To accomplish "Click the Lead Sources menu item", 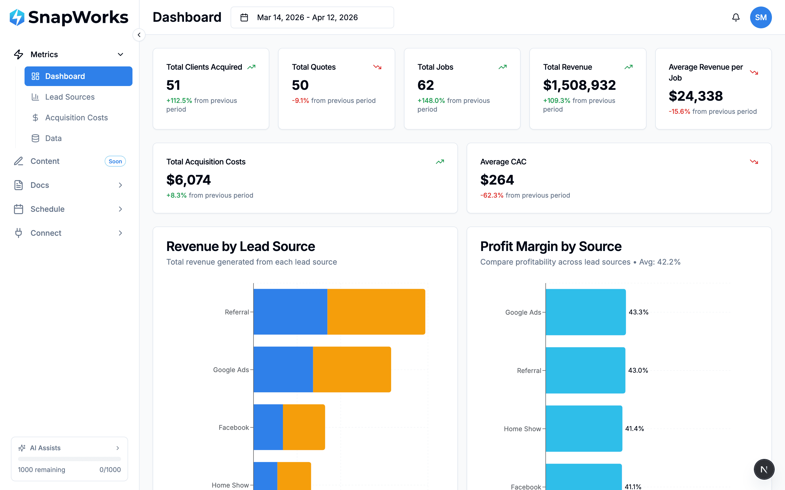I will tap(70, 97).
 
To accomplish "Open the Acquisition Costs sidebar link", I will tap(76, 118).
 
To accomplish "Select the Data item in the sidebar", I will tap(53, 138).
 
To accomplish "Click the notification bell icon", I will tap(736, 17).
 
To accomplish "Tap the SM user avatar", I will tap(760, 17).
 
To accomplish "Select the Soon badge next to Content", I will tap(115, 161).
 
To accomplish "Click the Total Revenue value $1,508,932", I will tap(579, 85).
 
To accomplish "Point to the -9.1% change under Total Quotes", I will tap(300, 101).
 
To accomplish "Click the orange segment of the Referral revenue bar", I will tap(376, 311).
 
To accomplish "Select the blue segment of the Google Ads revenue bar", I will tap(283, 369).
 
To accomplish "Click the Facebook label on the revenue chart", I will tap(234, 427).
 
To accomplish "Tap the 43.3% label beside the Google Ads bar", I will tap(638, 312).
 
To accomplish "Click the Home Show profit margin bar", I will tap(584, 428).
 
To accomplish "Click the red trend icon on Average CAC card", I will tap(754, 162).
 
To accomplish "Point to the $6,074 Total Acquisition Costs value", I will tap(188, 180).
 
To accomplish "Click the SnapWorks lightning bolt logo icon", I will tap(17, 17).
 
